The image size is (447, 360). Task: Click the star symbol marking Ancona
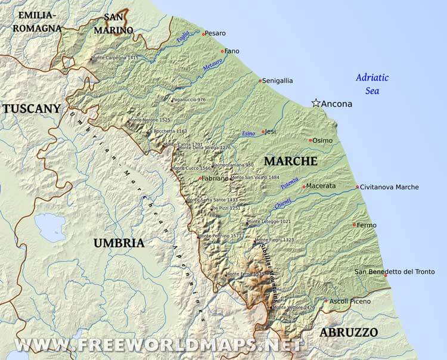point(316,103)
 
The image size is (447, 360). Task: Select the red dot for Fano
point(222,51)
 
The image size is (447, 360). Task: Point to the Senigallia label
point(279,80)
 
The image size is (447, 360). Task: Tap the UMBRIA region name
point(119,243)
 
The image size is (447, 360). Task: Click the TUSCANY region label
point(31,108)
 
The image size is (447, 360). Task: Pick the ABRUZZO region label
point(349,332)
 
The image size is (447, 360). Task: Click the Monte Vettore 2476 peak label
point(294,308)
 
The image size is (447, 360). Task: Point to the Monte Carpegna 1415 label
point(116,58)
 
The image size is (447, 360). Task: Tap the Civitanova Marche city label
point(390,187)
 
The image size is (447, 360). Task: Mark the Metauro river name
point(212,69)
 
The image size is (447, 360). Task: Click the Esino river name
point(248,134)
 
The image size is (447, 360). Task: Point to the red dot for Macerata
point(304,187)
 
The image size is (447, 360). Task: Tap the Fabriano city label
point(215,178)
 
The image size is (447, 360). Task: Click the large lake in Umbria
point(50,227)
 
